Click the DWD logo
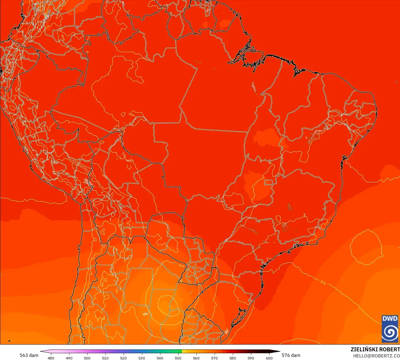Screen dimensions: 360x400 point(390,329)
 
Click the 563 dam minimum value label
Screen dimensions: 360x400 point(29,355)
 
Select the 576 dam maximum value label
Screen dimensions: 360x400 point(291,355)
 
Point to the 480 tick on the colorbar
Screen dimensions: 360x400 point(51,358)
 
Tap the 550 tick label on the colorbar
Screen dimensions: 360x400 point(178,358)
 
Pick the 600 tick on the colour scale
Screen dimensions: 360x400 point(269,358)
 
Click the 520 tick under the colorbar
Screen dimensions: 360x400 point(123,358)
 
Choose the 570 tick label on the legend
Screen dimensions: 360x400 point(214,358)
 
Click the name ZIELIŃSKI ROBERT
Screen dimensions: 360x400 point(375,349)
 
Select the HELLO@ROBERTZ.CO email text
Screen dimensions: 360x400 point(376,356)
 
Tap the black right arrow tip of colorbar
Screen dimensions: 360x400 point(278,351)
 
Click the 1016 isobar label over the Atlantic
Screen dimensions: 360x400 point(323,282)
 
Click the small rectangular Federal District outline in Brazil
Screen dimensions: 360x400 point(268,182)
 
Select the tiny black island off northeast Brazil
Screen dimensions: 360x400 point(397,82)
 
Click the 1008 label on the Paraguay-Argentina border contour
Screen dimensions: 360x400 point(181,265)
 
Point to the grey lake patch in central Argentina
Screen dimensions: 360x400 point(145,314)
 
